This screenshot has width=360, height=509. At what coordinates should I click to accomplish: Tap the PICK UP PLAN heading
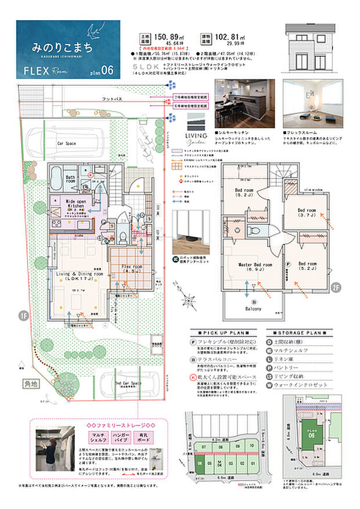click(x=223, y=333)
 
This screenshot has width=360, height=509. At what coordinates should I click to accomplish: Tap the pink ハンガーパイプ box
click(x=118, y=436)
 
